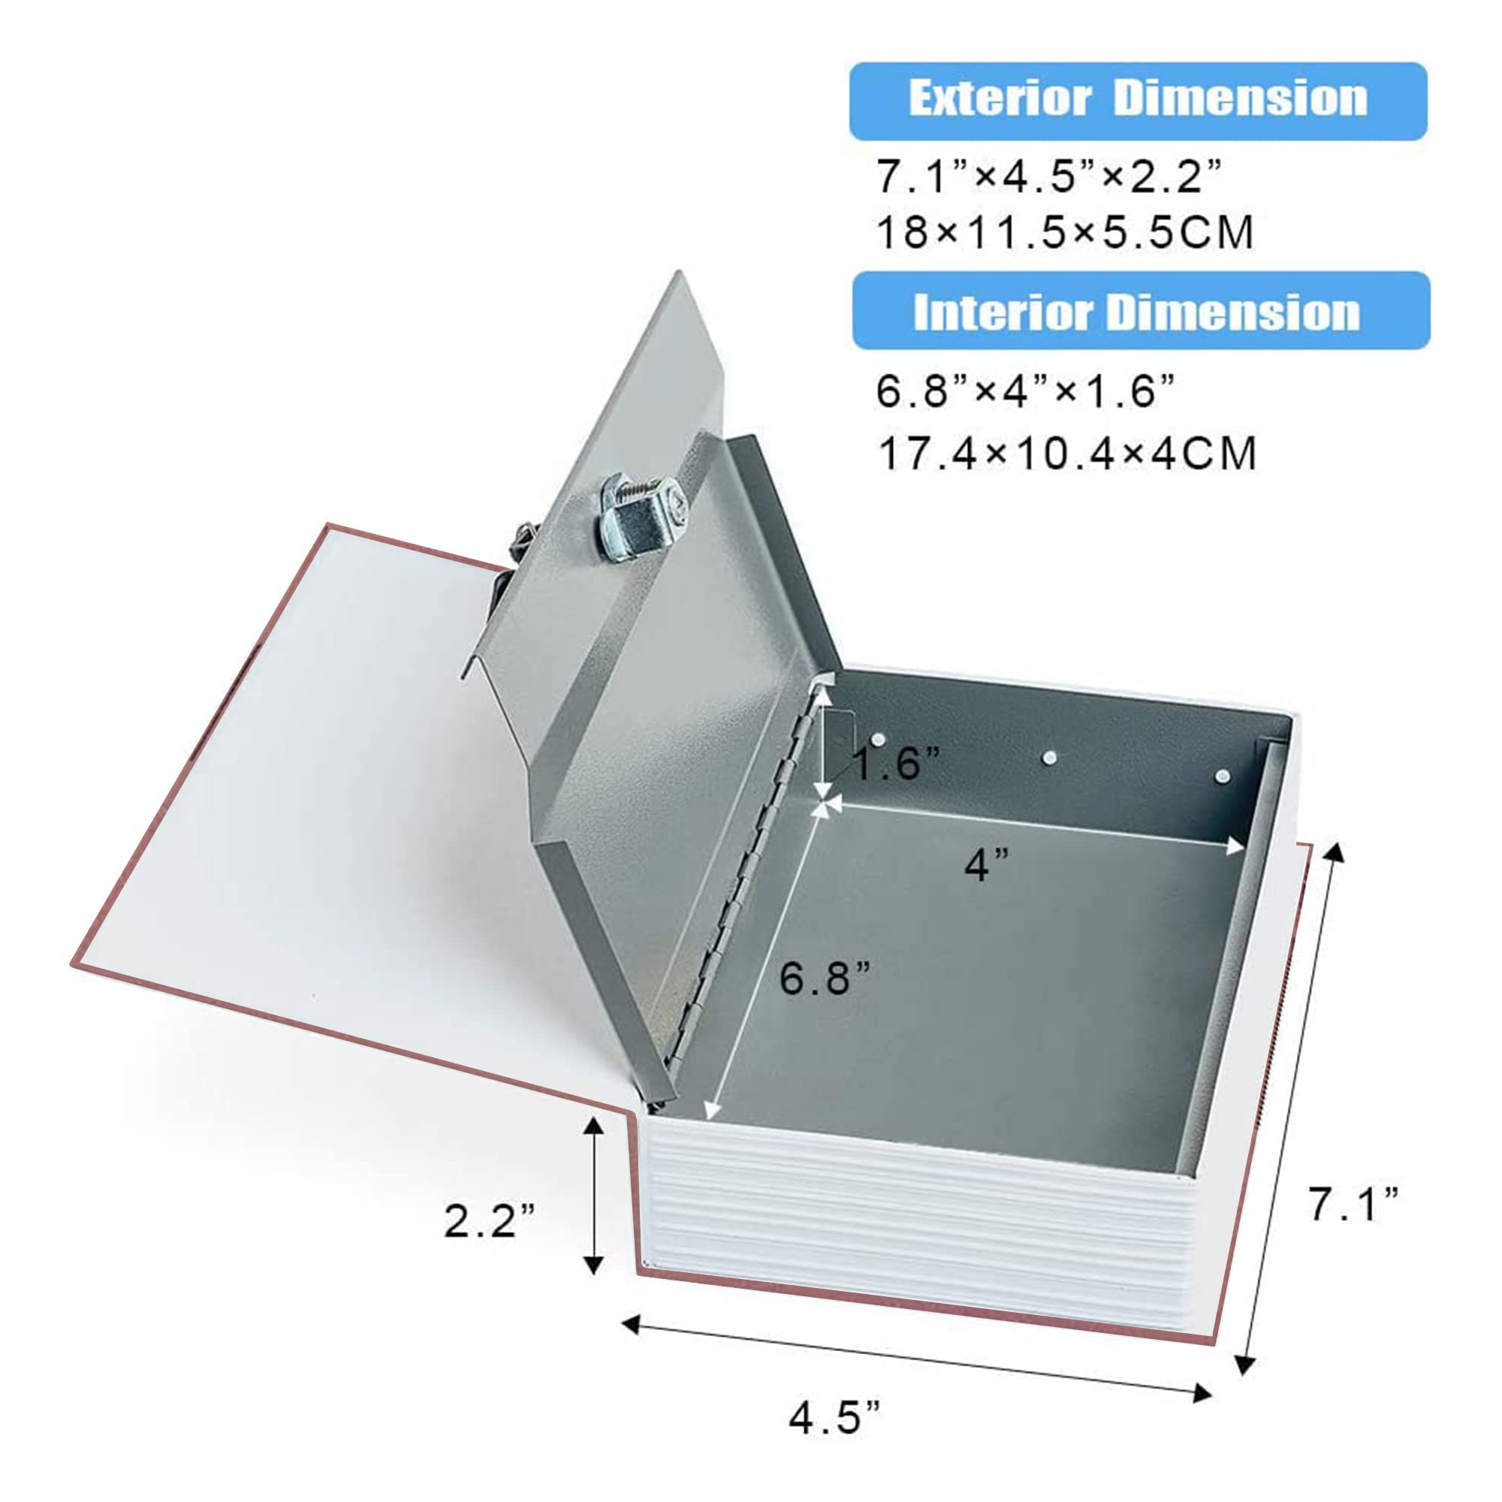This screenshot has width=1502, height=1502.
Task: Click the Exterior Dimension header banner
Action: coord(1139,101)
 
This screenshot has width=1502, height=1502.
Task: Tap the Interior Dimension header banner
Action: coord(1141,310)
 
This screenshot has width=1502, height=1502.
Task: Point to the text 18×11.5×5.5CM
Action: coord(1065,231)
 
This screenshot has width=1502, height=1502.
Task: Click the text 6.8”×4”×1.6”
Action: coord(1025,391)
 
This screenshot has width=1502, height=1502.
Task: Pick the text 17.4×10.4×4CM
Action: coord(1066,454)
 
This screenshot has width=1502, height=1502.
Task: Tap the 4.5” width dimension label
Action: coord(835,1418)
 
